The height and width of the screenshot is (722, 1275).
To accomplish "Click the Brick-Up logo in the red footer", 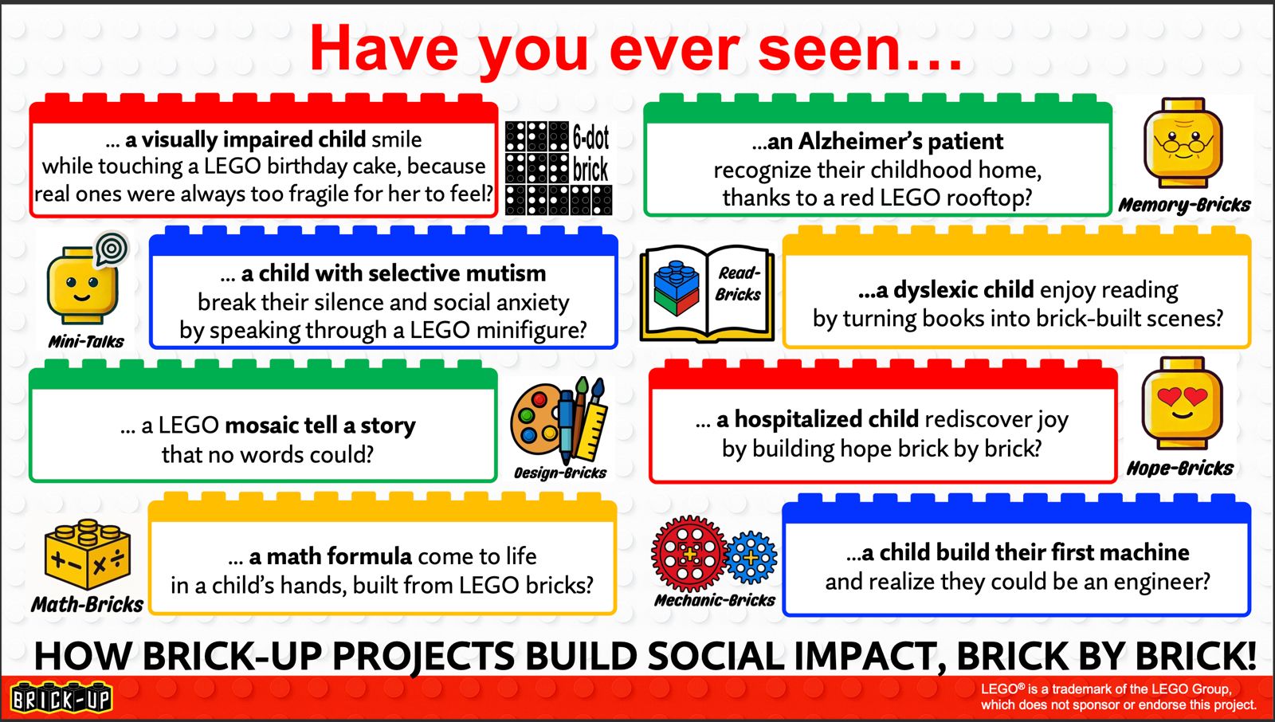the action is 61,697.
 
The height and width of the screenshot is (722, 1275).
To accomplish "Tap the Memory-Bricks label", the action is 1184,205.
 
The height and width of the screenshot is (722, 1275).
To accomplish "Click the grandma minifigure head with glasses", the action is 1183,143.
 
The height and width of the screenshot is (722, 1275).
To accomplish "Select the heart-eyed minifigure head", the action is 1182,402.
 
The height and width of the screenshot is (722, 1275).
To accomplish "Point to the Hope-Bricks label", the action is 1180,468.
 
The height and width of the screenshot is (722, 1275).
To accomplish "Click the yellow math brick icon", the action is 87,554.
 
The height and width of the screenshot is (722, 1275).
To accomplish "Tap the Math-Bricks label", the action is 87,604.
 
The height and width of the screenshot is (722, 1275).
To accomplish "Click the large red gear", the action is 689,554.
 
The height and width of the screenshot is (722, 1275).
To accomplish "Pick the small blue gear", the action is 751,558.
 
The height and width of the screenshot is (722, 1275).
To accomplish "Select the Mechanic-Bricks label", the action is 714,600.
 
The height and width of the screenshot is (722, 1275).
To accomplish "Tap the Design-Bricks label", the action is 560,473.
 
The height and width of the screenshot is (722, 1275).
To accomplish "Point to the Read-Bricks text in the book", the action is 738,284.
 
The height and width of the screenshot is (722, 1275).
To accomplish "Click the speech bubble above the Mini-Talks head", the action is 112,249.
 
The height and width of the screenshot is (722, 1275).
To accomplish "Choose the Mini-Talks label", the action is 86,342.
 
